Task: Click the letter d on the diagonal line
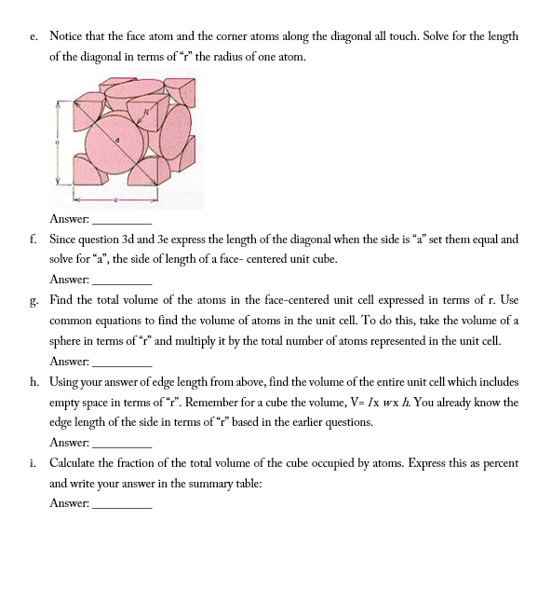[x=117, y=142]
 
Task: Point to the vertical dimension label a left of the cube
[x=57, y=142]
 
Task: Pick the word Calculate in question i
[x=74, y=462]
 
